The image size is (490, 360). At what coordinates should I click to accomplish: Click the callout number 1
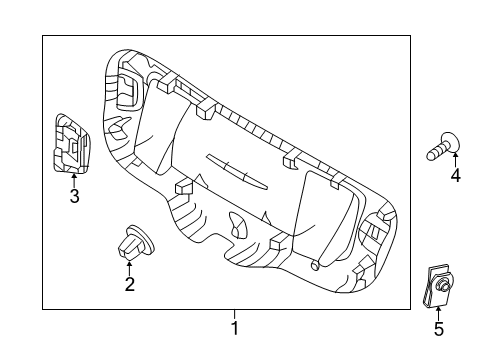[x=235, y=328]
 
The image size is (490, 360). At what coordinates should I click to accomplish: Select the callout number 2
[x=130, y=284]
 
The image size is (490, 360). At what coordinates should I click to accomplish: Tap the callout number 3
[x=74, y=195]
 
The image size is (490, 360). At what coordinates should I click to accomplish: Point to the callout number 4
[x=455, y=175]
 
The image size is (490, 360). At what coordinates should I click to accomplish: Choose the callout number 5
[x=439, y=329]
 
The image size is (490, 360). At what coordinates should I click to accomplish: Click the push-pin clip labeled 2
[x=136, y=243]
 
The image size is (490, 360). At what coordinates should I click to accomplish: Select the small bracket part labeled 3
[x=72, y=144]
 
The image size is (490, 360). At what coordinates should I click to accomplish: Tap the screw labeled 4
[x=443, y=147]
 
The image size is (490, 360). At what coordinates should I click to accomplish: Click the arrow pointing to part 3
[x=74, y=180]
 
